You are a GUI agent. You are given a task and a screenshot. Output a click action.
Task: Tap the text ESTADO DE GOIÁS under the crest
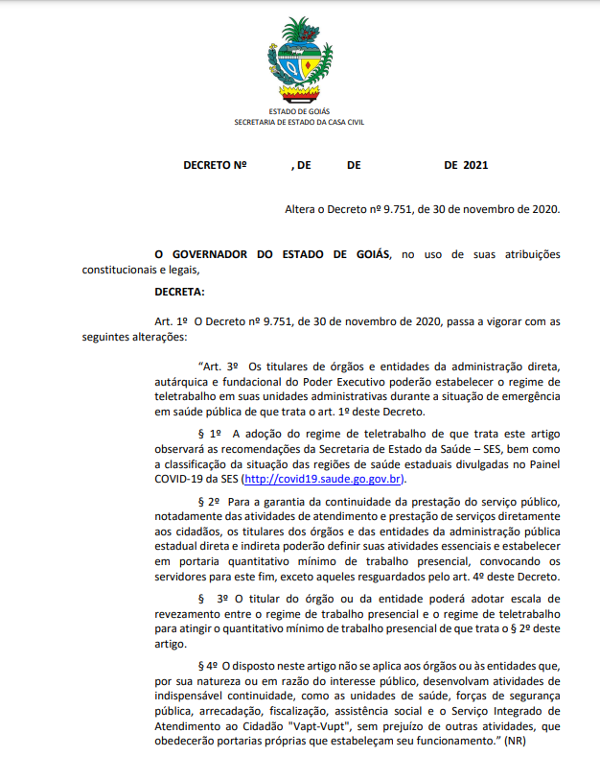click(x=300, y=112)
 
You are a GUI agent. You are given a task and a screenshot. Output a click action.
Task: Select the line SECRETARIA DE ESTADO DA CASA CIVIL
click(x=300, y=122)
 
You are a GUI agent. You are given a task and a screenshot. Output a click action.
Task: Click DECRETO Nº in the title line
click(x=215, y=165)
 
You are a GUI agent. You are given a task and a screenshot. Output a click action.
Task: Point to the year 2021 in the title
click(x=475, y=165)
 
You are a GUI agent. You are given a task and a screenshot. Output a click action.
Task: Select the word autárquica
click(x=186, y=382)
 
